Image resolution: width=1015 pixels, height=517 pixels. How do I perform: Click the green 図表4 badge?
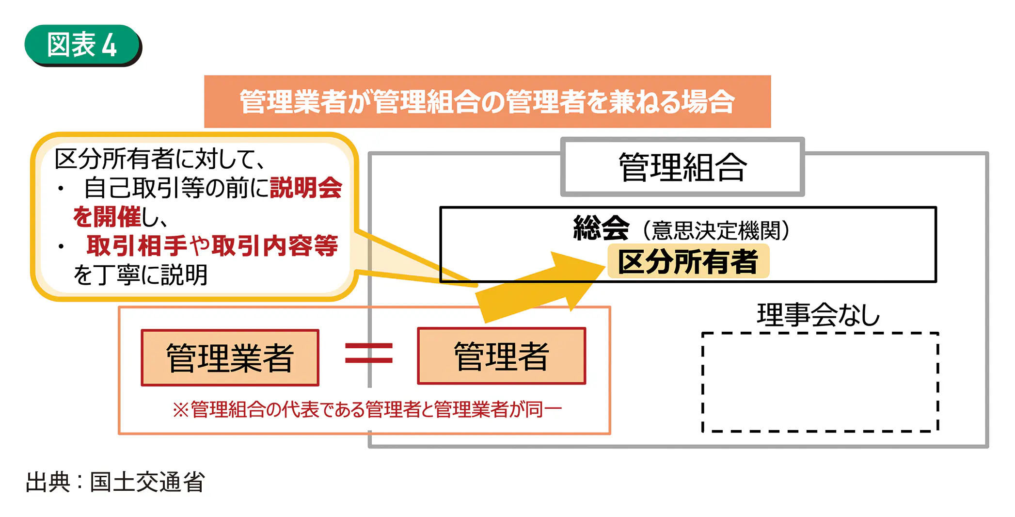tap(82, 45)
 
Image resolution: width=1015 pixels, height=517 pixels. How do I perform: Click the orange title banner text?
tap(487, 102)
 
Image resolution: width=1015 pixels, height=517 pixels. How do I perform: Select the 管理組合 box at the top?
tap(682, 167)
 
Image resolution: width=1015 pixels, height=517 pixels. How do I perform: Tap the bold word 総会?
tap(601, 228)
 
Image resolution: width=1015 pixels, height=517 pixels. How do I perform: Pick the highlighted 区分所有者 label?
tap(687, 262)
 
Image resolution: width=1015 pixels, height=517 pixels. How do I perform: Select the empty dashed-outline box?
tap(820, 382)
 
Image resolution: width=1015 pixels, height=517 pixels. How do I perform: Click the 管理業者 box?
tap(230, 358)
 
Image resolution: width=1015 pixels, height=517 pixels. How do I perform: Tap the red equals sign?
tap(368, 353)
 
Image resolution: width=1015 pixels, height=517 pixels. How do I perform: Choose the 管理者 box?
tap(502, 356)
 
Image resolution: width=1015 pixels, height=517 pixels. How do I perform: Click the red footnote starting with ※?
tap(367, 410)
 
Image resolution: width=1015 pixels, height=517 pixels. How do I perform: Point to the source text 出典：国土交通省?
tap(115, 482)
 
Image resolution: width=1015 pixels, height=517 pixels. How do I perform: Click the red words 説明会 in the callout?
tap(306, 188)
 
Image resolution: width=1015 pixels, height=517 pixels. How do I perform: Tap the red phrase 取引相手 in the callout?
tap(137, 246)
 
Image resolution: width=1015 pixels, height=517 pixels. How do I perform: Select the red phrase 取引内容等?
tap(274, 246)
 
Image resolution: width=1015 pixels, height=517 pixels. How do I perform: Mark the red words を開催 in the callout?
tap(107, 217)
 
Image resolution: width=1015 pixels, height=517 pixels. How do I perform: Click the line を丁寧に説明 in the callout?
tap(141, 275)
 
